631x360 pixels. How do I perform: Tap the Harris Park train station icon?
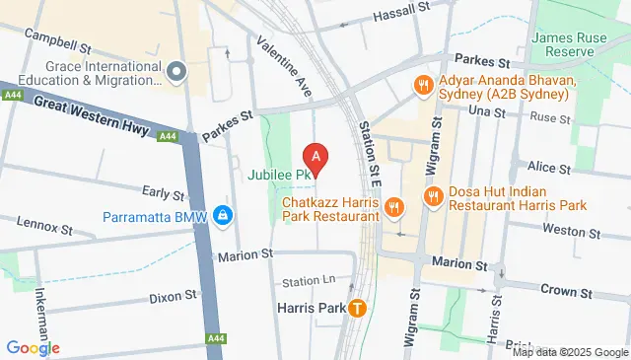[357, 308]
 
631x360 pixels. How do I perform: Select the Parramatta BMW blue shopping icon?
[225, 216]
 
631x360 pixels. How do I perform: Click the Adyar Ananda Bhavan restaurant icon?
[421, 85]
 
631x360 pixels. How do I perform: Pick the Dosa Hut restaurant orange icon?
[432, 197]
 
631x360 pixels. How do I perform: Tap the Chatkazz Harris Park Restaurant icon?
[393, 206]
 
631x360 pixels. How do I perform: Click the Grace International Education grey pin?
[176, 71]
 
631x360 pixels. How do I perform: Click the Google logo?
[33, 347]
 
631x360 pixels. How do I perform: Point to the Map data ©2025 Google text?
[569, 352]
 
